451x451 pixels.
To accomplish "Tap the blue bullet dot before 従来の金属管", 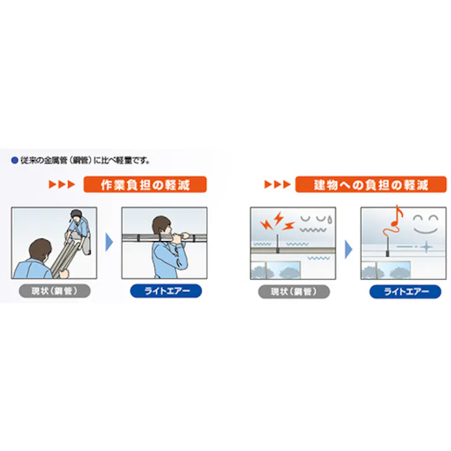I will pyautogui.click(x=15, y=161).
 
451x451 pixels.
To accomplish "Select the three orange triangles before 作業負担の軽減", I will pyautogui.click(x=63, y=185).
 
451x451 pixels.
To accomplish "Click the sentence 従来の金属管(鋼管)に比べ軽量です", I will pyautogui.click(x=85, y=161).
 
